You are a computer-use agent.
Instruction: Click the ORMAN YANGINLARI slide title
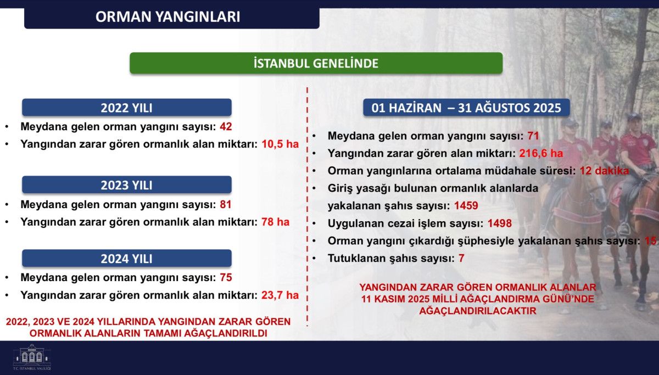coord(167,17)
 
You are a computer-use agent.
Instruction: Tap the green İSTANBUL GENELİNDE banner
coord(316,63)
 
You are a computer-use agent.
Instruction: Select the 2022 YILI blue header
coord(127,108)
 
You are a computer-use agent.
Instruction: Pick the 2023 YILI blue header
coord(127,184)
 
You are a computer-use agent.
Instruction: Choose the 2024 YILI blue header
coord(127,258)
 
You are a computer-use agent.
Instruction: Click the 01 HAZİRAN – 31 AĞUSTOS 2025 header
coord(466,108)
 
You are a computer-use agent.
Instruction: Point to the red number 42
coord(226,127)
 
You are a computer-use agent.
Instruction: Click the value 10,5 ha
coord(280,144)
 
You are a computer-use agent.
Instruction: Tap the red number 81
coord(226,204)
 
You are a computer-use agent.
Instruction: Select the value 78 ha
coord(275,222)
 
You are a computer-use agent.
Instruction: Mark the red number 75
coord(226,277)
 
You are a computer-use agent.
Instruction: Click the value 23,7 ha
coord(280,295)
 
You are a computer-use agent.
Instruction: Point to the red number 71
coord(533,136)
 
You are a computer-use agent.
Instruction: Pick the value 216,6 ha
coord(541,153)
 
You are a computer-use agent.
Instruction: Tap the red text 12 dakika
coord(604,171)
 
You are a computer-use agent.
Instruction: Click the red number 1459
coord(466,205)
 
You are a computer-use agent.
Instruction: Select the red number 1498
coord(500,223)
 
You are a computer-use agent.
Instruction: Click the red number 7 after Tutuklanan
coord(461,258)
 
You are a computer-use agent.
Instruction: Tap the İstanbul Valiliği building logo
coord(32,357)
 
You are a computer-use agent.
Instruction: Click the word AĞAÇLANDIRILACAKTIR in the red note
coord(478,311)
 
